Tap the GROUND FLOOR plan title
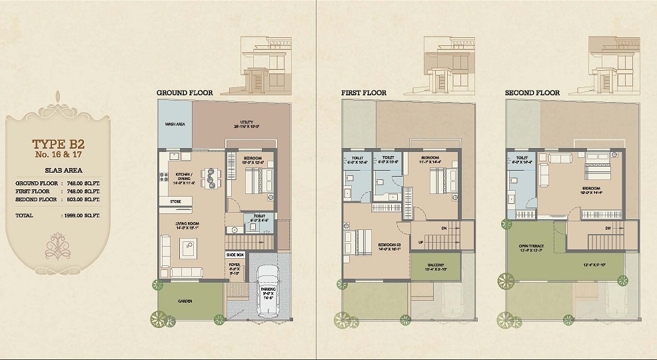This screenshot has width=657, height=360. coord(184,92)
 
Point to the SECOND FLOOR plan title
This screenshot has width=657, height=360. coord(532,92)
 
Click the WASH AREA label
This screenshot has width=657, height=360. coord(175,124)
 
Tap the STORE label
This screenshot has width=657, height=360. coord(176,201)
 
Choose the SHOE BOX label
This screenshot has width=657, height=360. coord(235,255)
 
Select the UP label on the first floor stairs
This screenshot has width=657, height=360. coord(420,241)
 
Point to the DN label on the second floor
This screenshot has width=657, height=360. coord(608,229)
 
